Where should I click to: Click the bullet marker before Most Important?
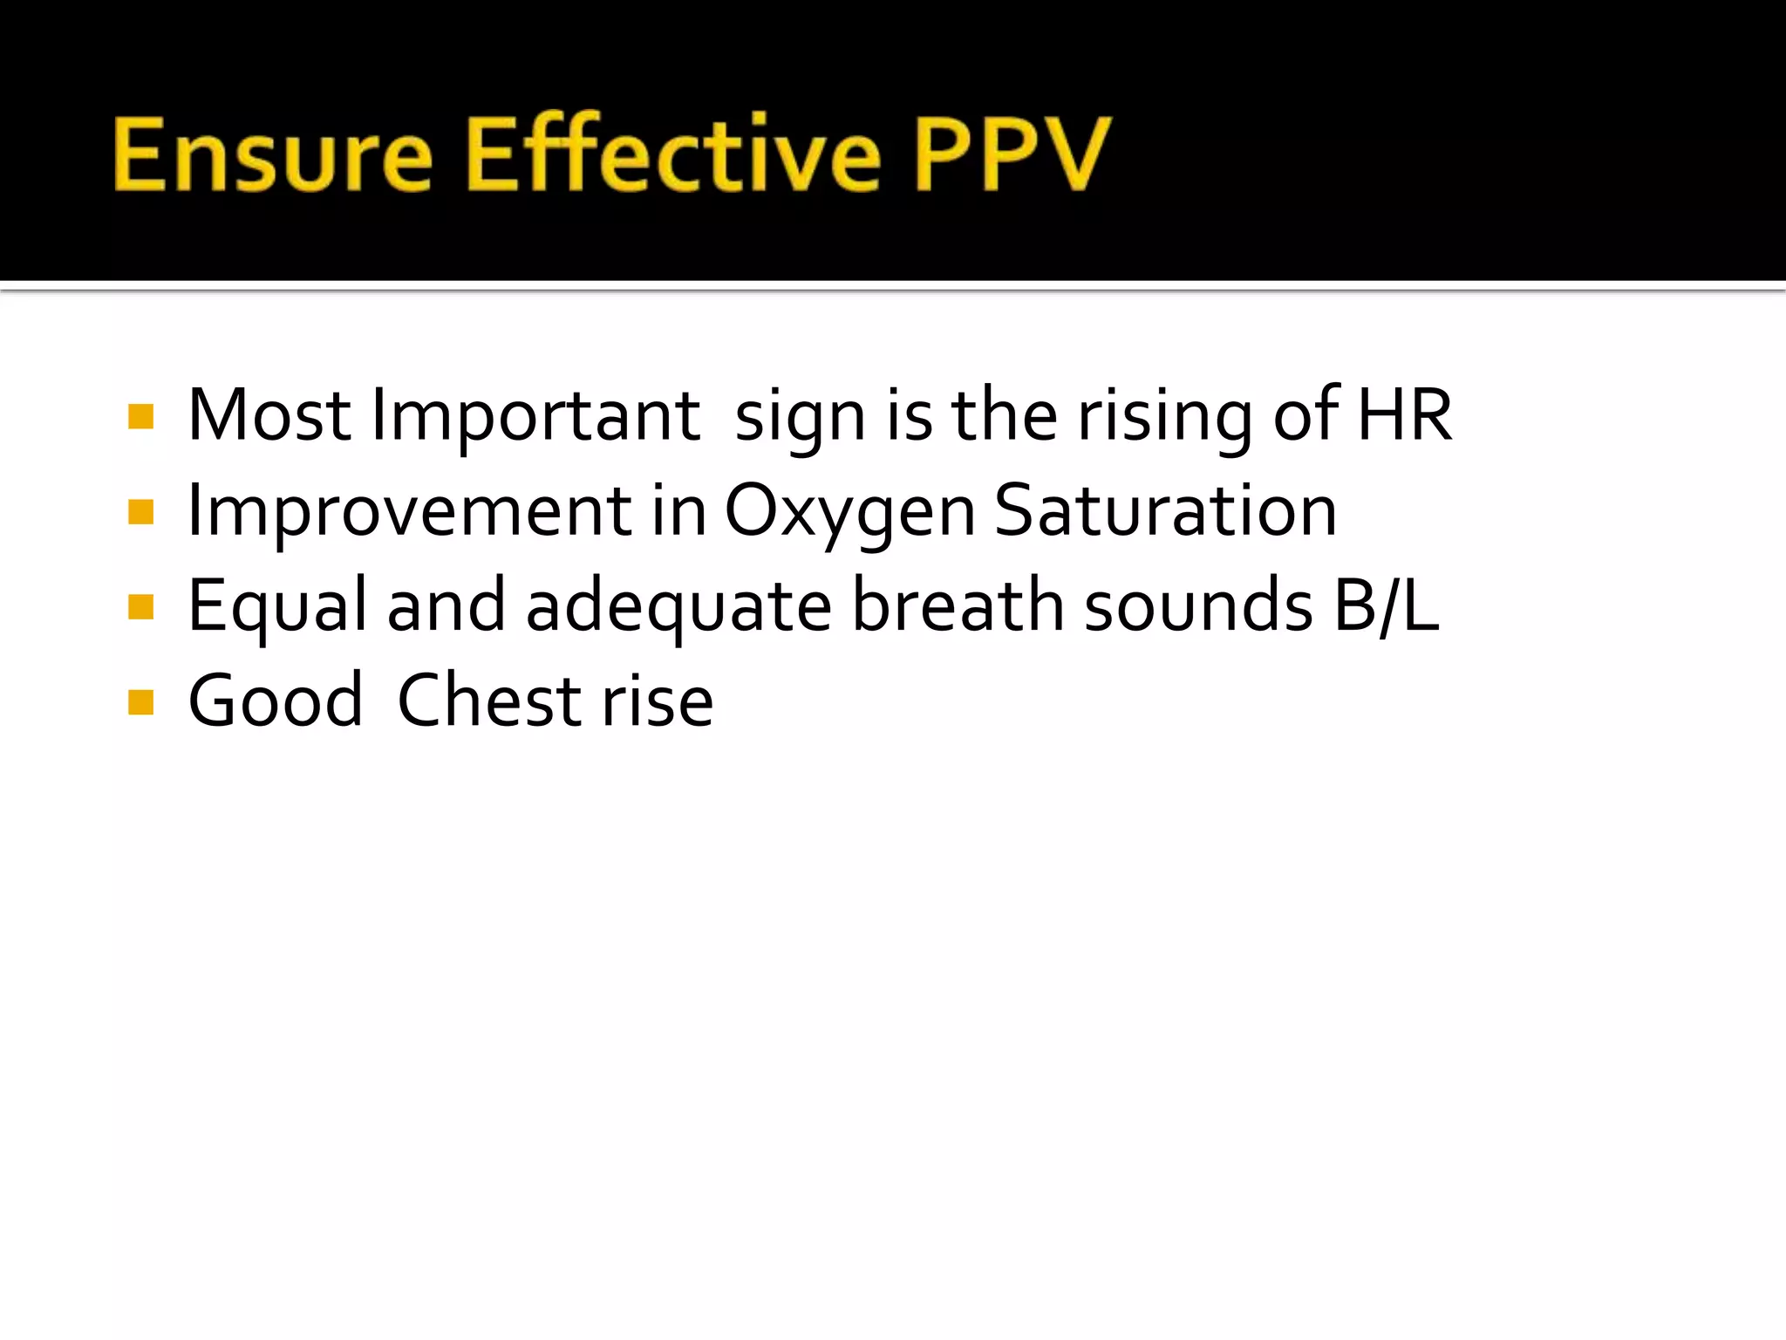(140, 417)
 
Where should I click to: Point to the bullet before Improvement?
(140, 512)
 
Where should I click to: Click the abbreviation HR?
(1405, 415)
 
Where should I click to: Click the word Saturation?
(1165, 511)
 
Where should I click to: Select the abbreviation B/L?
(1387, 605)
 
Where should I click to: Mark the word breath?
(958, 605)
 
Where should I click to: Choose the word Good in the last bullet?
(276, 701)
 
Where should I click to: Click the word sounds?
(1198, 605)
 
